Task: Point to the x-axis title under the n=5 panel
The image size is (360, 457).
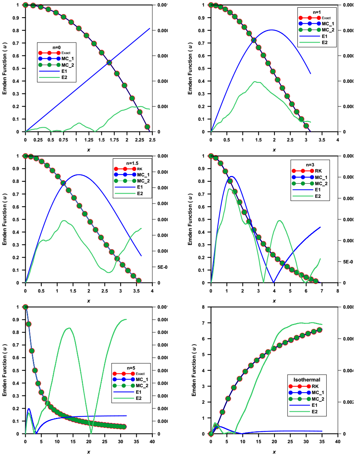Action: click(x=89, y=452)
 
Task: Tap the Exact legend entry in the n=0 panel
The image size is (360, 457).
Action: click(x=65, y=53)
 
